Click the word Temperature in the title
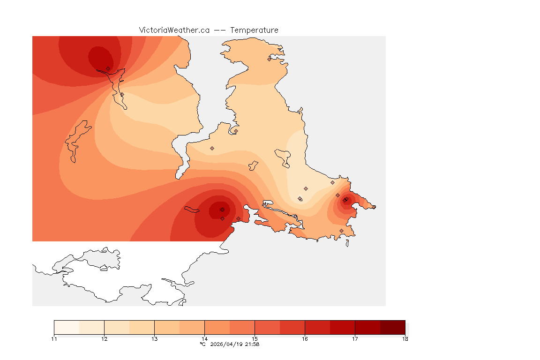tap(254, 30)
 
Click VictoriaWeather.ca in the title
tap(174, 30)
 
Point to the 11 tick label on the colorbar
tap(54, 339)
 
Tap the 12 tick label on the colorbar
tap(104, 339)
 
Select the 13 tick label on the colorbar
tap(154, 339)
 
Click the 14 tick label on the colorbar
tap(204, 339)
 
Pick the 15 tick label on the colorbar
tap(255, 339)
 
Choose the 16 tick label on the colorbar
tap(305, 339)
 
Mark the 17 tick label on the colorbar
tap(355, 339)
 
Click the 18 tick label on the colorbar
tap(405, 339)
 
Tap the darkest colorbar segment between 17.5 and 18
tap(392, 327)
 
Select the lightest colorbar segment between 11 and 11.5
tap(67, 327)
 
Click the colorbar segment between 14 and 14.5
tap(217, 327)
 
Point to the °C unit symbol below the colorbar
tap(203, 344)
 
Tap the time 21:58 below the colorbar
tap(252, 344)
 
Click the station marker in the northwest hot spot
tap(108, 68)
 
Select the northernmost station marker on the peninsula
tap(270, 59)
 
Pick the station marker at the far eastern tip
tap(374, 207)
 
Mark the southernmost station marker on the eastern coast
tap(341, 231)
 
